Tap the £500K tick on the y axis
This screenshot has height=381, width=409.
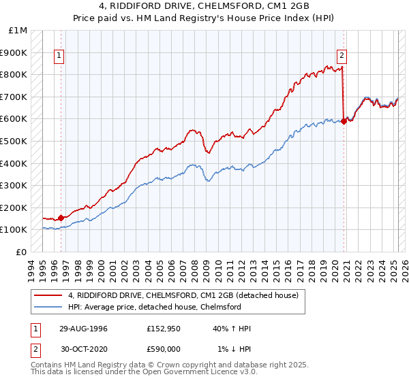[x=14, y=141]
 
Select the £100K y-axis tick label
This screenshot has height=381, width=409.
[x=14, y=230]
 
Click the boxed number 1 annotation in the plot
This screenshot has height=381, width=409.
[x=60, y=56]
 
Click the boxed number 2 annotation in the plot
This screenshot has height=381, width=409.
[x=341, y=56]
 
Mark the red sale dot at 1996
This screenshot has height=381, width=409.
[x=61, y=218]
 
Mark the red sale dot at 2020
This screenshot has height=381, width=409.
[x=344, y=121]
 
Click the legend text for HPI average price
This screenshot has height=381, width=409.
[x=155, y=307]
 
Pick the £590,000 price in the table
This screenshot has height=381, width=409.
[x=163, y=348]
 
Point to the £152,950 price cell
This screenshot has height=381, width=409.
[x=163, y=328]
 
